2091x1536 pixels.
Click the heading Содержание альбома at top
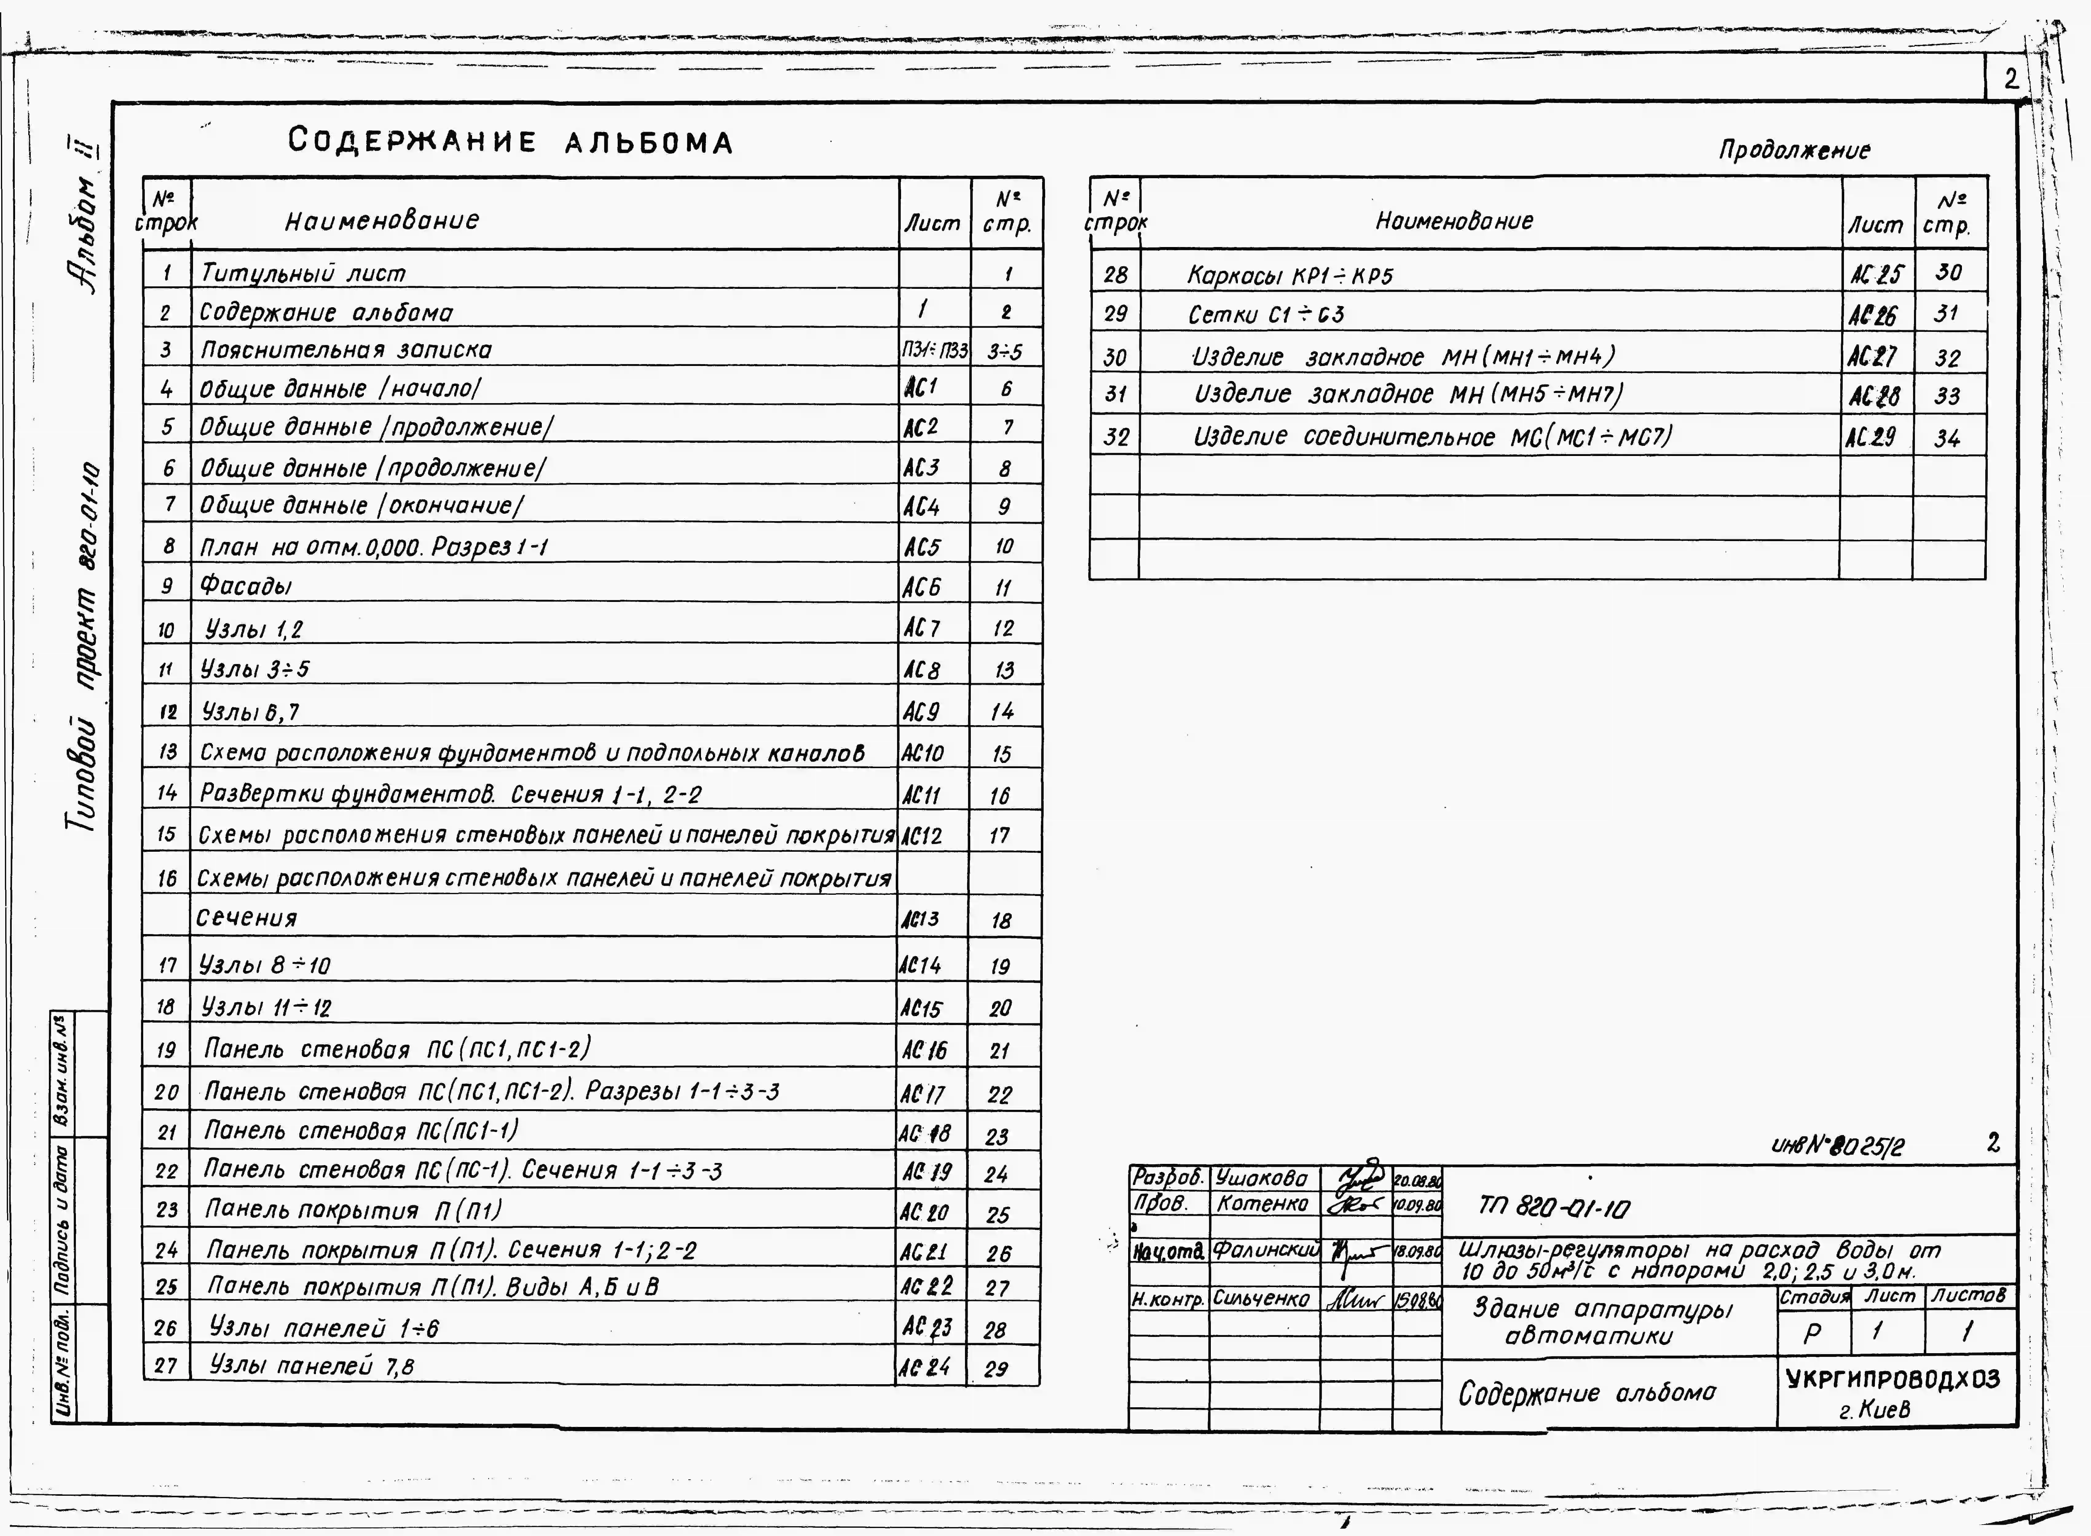(x=510, y=142)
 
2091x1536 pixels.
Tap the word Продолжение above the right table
(x=1794, y=151)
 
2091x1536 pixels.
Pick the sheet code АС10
(x=922, y=753)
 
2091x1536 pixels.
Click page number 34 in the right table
(x=1947, y=438)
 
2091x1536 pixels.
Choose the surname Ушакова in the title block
(x=1261, y=1179)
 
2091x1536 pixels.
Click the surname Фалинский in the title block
(x=1266, y=1251)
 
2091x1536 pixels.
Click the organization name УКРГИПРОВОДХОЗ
(x=1893, y=1379)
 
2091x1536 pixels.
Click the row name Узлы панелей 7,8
(x=313, y=1366)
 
